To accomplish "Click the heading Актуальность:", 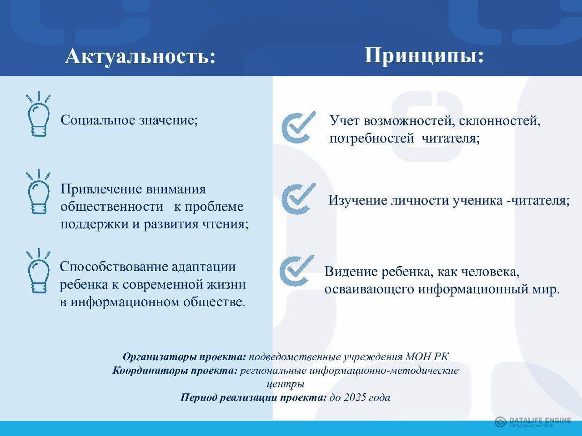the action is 140,57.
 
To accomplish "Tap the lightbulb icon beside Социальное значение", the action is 39,114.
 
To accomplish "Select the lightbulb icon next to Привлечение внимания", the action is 39,191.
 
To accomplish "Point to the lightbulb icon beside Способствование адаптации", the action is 39,271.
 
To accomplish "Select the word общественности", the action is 112,207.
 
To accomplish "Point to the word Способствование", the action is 114,267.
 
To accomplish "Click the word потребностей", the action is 372,139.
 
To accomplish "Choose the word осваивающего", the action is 369,289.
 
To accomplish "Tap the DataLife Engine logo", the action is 533,422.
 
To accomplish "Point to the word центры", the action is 286,384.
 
